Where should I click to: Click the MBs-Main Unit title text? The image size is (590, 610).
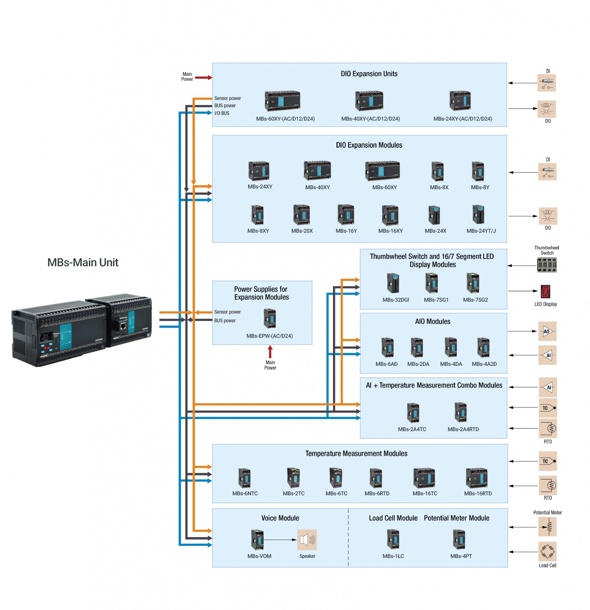[83, 262]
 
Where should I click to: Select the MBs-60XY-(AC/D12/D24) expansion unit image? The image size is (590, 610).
[282, 101]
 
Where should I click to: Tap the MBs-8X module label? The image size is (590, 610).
[439, 187]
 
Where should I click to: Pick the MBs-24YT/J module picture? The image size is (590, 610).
[478, 214]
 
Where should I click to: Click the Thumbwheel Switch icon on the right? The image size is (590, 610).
[546, 264]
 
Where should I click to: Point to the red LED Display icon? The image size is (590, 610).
[545, 291]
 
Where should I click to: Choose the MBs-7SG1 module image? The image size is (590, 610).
[431, 283]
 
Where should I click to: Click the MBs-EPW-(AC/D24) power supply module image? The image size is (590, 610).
[270, 318]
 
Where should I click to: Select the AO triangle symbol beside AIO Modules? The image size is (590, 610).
[547, 331]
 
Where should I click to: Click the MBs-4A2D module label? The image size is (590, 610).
[484, 364]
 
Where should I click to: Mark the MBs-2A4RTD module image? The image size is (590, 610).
[461, 412]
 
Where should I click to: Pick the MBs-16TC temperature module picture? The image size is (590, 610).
[424, 478]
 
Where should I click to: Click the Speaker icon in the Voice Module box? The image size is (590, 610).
[307, 540]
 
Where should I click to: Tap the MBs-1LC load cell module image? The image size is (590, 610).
[393, 539]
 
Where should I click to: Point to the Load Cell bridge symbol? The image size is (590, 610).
[547, 552]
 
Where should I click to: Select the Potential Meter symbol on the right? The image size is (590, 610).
[547, 527]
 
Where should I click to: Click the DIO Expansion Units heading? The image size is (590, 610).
[369, 74]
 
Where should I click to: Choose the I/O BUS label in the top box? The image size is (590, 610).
[222, 113]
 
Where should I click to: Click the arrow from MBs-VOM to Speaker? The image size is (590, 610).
[280, 540]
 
